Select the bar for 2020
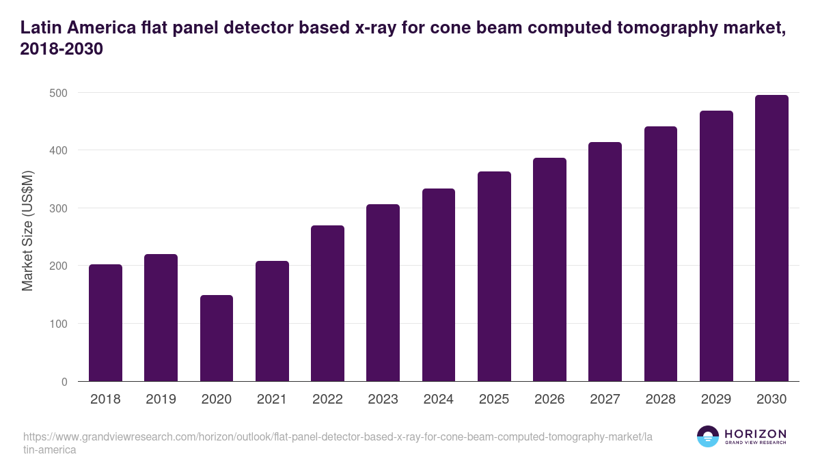tap(217, 338)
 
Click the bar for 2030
tap(771, 238)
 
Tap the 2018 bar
tap(105, 323)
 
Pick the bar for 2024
tap(439, 285)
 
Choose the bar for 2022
tap(327, 303)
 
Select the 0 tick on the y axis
tap(64, 382)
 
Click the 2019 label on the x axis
tap(161, 400)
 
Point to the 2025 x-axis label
tap(494, 400)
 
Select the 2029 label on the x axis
tap(716, 400)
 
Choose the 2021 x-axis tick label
tap(272, 400)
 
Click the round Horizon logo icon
tap(708, 436)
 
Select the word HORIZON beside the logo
tap(755, 433)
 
